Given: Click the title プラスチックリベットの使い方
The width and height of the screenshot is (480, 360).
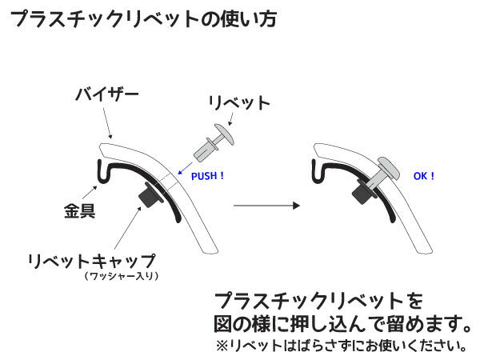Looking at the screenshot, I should click(x=144, y=19).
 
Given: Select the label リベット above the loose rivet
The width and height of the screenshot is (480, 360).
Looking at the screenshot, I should click(x=238, y=104).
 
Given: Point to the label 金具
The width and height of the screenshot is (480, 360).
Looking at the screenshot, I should click(x=79, y=212).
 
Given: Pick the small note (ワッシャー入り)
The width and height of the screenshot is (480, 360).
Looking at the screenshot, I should click(x=122, y=277).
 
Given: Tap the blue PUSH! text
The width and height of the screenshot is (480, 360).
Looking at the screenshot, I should click(x=208, y=174).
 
